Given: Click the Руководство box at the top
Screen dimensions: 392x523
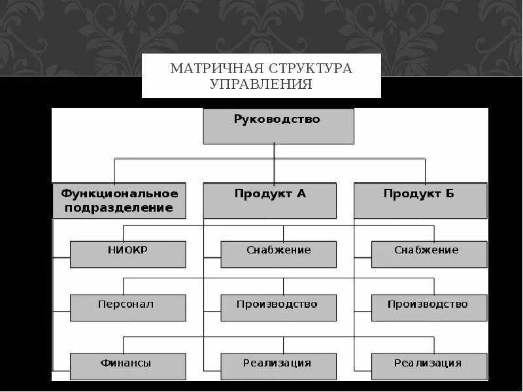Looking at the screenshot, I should click(278, 126).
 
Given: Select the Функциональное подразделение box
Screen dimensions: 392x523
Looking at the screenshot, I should click(119, 201).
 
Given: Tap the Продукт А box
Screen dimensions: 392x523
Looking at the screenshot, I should click(269, 201).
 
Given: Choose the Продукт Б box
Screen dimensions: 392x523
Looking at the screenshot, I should click(420, 201).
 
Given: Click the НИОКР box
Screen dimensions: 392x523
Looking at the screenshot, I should click(127, 254).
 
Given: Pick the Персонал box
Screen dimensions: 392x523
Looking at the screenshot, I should click(127, 308).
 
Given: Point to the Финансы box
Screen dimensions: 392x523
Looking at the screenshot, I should click(127, 367).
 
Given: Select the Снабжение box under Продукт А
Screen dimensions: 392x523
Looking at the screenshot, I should click(278, 254).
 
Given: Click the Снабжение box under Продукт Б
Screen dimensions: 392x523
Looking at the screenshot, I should click(429, 254).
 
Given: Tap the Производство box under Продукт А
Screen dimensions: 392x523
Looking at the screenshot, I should click(278, 308).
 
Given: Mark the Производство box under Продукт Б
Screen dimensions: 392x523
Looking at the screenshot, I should click(429, 308).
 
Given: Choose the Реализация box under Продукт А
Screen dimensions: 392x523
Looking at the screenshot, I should click(278, 367).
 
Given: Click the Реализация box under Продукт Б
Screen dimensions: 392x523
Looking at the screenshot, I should click(429, 367).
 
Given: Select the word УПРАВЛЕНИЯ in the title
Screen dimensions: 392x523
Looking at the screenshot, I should click(261, 84).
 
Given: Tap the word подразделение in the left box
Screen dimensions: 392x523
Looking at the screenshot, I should click(133, 208).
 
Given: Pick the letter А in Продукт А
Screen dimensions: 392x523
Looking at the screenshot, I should click(301, 193).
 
